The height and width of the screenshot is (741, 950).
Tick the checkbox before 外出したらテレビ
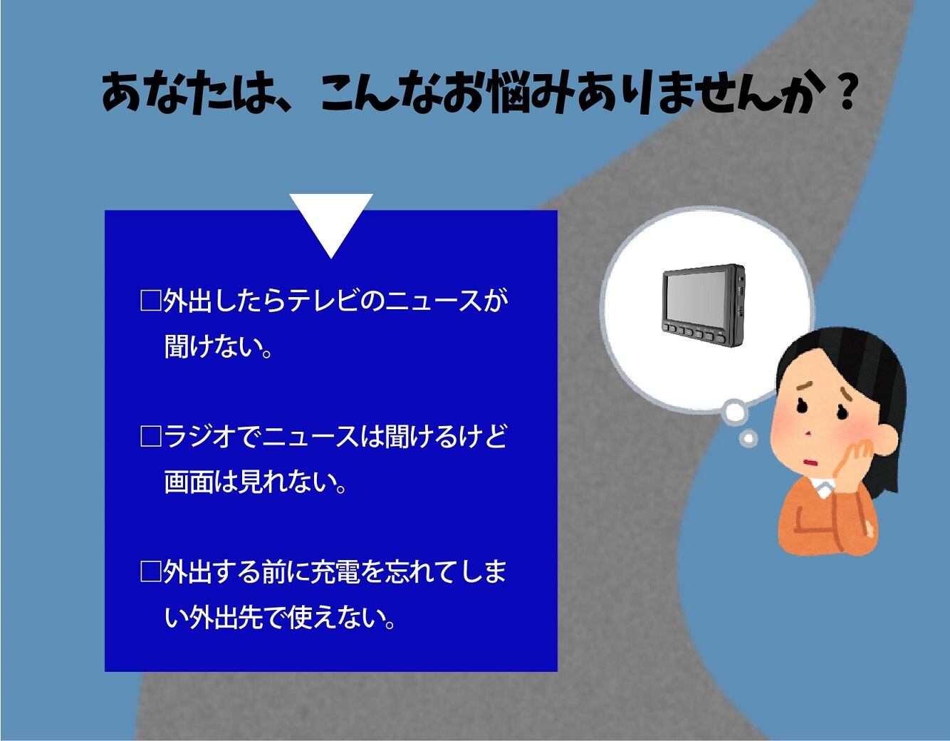click(x=150, y=301)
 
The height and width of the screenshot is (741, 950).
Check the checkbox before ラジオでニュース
click(x=150, y=436)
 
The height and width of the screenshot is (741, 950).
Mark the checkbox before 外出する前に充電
click(x=150, y=571)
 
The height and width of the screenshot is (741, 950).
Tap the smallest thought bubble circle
click(x=749, y=438)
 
